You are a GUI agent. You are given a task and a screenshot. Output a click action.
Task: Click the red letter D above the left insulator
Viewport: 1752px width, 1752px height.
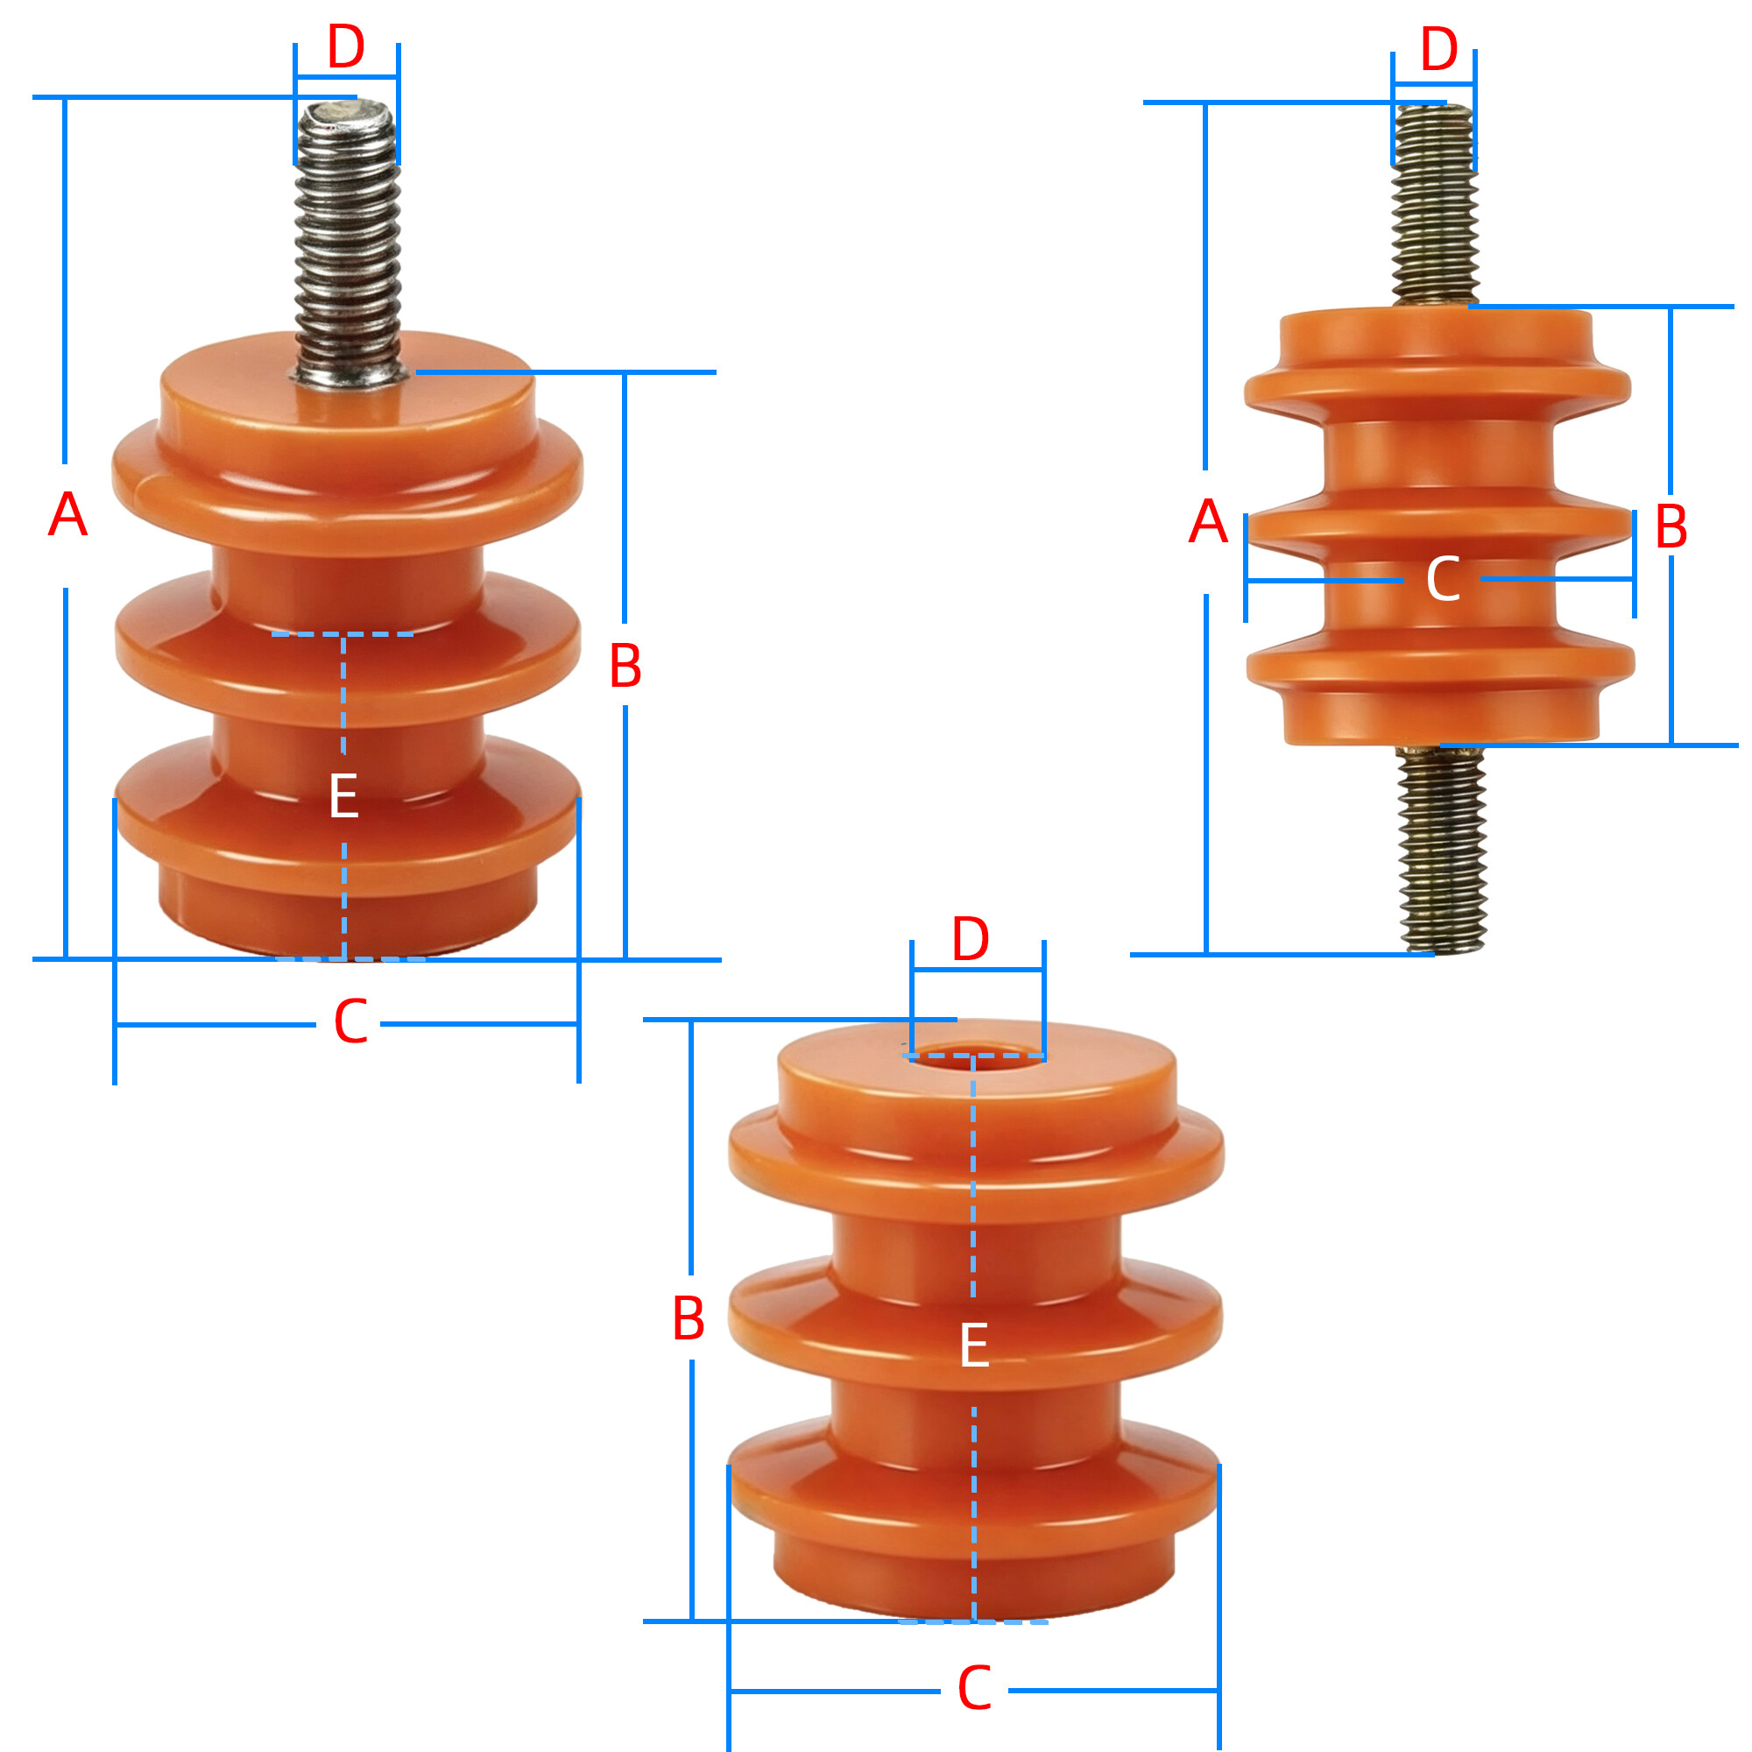(x=345, y=47)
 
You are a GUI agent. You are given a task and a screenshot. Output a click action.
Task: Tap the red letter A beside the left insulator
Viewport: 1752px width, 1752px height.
(x=68, y=515)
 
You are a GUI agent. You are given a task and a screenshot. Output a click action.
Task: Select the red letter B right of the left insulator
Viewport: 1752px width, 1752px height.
(x=625, y=666)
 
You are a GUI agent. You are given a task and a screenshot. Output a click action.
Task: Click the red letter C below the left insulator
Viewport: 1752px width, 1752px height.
(x=351, y=1022)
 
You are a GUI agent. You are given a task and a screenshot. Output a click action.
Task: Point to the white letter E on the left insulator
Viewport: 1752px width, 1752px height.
(x=343, y=796)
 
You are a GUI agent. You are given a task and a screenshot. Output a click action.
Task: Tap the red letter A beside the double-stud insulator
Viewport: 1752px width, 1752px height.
(x=1208, y=522)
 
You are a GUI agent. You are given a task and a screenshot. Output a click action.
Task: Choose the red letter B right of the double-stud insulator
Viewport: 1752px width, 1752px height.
(x=1671, y=526)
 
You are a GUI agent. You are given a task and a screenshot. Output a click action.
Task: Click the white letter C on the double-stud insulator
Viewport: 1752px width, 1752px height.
(x=1443, y=579)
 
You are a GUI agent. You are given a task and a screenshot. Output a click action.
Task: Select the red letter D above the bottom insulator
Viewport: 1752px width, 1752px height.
(x=971, y=939)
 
